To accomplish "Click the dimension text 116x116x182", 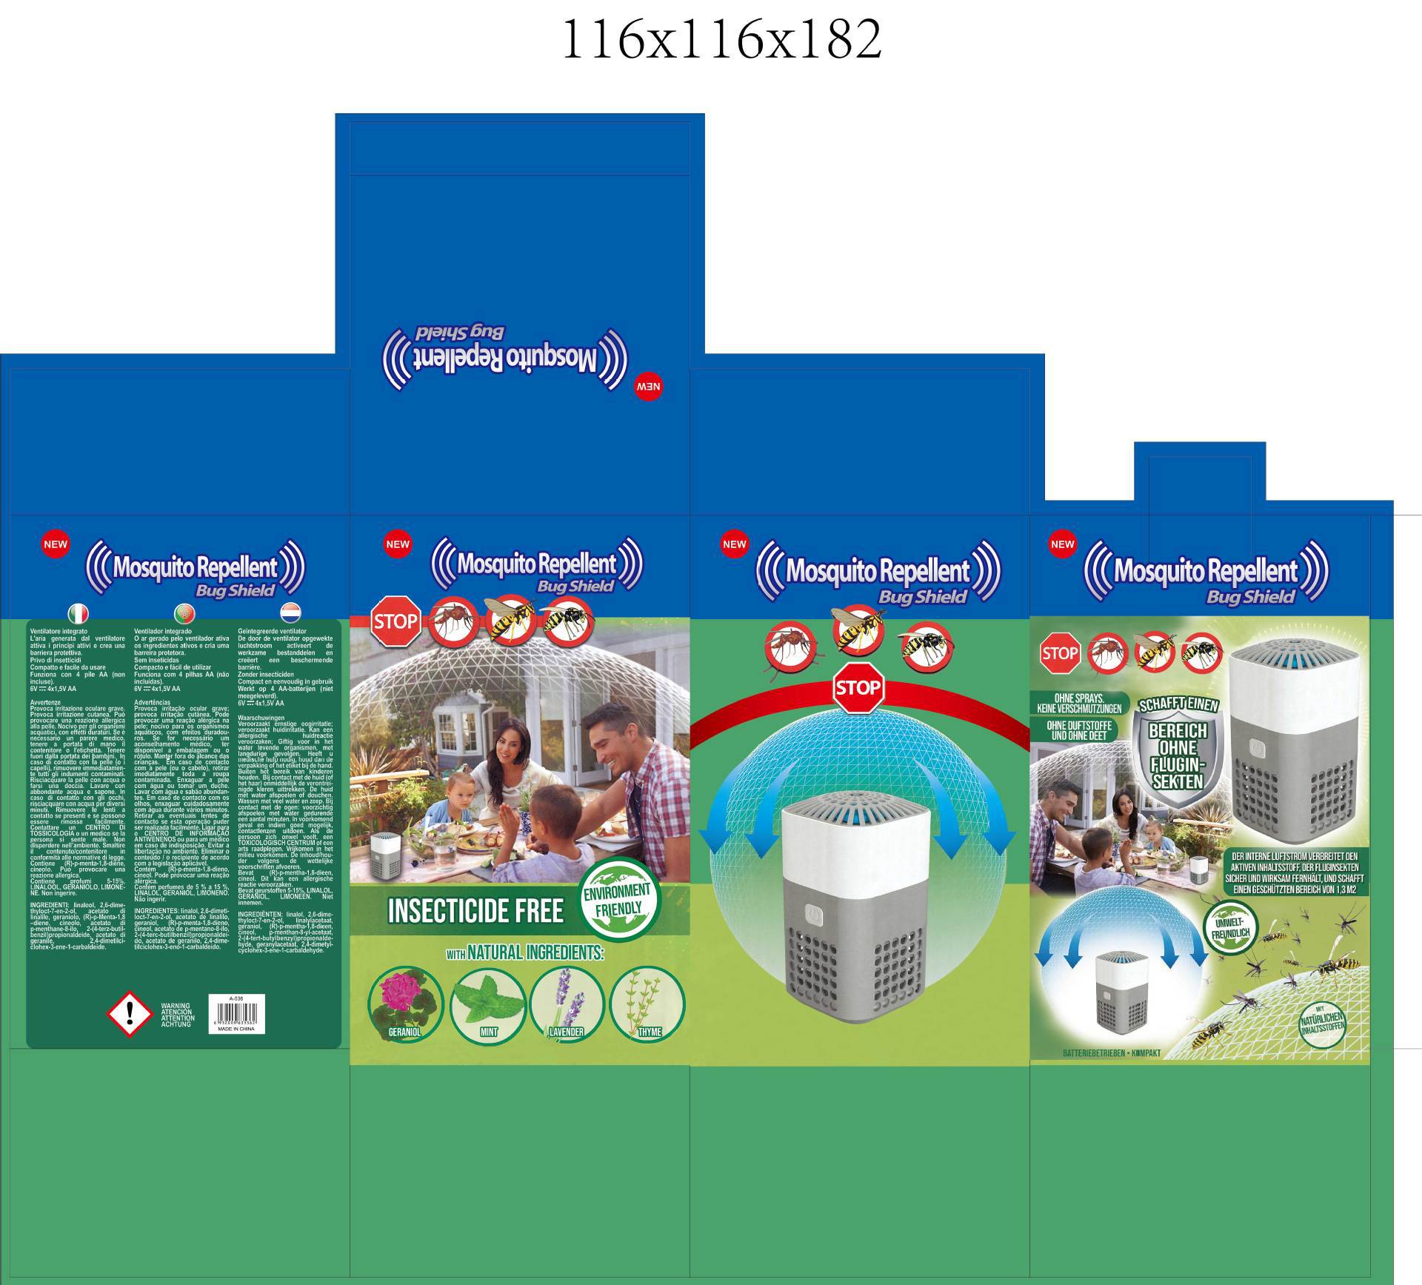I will point(722,39).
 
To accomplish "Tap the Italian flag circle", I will point(78,613).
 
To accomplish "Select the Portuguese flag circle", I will point(183,613).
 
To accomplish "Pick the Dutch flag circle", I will point(290,613).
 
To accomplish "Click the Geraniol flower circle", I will point(405,1004).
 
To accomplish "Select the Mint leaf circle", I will point(488,1004).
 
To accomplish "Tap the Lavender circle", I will point(567,1004).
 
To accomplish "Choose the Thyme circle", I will point(648,1004).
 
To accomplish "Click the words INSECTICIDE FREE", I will point(475,911).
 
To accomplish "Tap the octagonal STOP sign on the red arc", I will point(857,687).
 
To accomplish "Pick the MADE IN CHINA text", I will point(236,1029).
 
